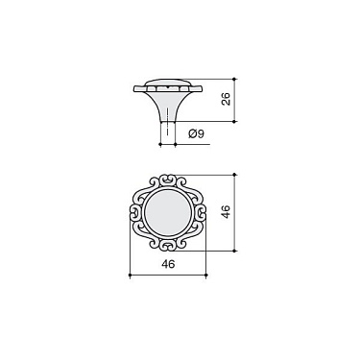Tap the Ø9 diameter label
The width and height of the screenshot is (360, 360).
pos(194,134)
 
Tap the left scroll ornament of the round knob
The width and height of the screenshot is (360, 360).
pos(135,212)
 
